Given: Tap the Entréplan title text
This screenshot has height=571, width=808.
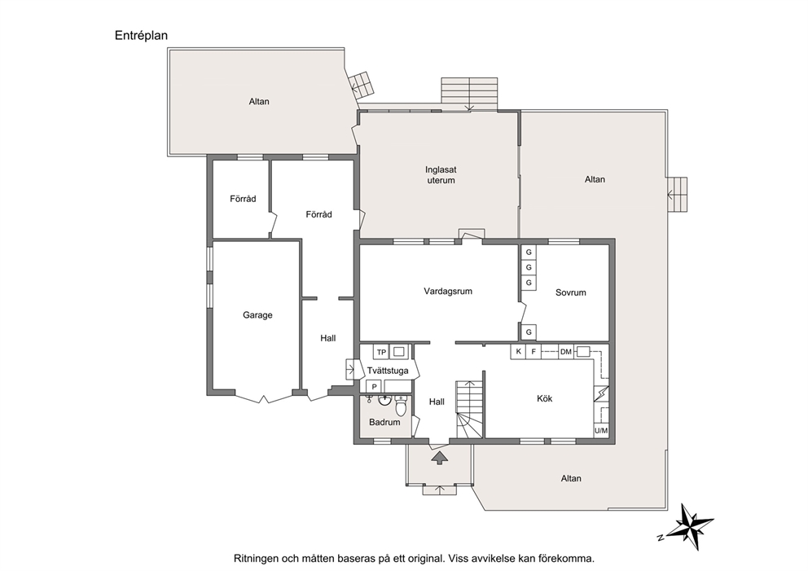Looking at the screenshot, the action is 141,36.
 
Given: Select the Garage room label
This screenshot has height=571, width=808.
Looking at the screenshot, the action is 257,315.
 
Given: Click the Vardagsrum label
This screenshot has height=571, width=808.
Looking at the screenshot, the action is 448,291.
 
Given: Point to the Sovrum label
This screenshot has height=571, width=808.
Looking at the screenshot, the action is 570,292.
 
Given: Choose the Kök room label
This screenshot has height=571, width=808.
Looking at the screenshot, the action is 545,398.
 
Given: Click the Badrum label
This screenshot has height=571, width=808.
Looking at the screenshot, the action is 384,422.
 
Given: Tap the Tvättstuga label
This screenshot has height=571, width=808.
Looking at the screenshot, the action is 388,371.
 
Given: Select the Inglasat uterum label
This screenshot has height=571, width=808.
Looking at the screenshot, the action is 441,174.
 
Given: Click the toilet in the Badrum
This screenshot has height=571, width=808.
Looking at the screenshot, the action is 401,406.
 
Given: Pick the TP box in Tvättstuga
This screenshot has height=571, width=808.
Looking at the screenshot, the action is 381,353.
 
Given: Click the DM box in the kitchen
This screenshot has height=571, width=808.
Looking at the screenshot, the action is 566,352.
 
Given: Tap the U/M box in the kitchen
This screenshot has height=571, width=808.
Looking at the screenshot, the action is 601,430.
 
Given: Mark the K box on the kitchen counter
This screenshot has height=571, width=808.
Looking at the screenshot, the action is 518,352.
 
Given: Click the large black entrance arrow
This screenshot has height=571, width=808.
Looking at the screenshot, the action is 439,458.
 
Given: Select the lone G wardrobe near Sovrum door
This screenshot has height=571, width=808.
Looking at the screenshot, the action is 529,332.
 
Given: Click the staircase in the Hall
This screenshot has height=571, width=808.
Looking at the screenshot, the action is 469,410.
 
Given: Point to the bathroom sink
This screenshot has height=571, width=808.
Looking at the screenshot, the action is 384,401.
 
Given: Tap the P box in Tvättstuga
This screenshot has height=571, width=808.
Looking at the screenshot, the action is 374,387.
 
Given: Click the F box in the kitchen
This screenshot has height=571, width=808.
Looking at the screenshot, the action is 534,352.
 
